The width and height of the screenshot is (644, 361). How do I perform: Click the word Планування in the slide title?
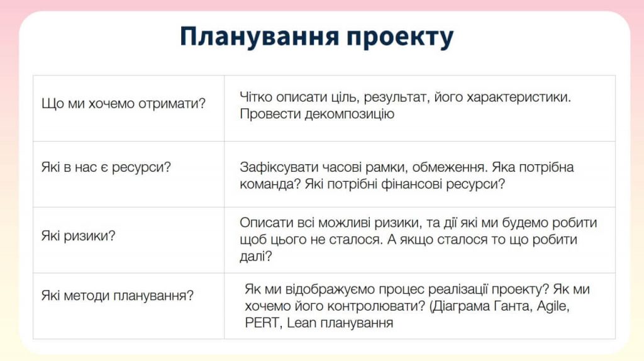pos(260,37)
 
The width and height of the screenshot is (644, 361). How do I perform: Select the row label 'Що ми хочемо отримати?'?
pos(123,104)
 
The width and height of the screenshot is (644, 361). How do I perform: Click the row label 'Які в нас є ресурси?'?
pos(106,167)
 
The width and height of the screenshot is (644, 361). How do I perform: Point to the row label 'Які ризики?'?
pos(78,236)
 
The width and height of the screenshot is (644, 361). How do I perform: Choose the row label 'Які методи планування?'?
pos(117,296)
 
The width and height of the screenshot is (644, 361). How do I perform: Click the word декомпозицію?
pos(350,114)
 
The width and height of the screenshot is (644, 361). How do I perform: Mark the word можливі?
pos(344,223)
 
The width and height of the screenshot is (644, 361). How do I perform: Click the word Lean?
pos(301,323)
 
